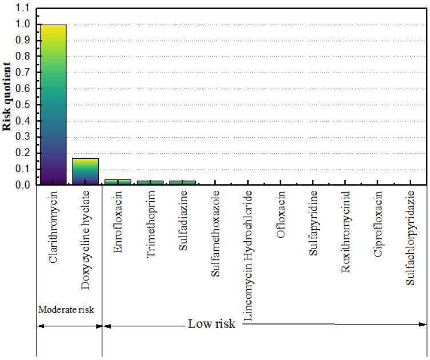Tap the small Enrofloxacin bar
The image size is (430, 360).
[118, 182]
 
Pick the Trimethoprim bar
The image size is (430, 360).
[150, 182]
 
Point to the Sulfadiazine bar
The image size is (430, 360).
[183, 182]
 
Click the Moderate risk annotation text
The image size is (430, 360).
[66, 309]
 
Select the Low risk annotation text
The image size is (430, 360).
[211, 324]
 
